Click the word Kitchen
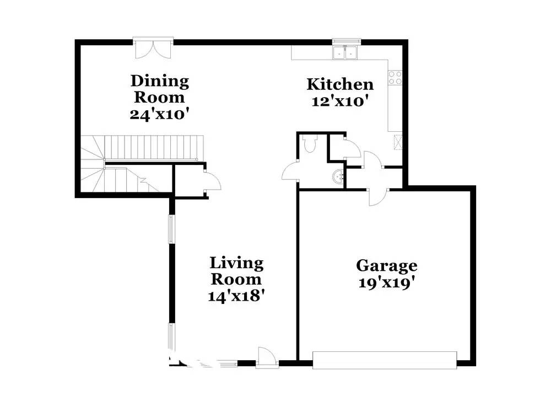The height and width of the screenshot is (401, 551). [x=340, y=84]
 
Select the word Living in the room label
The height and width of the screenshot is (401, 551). [x=236, y=263]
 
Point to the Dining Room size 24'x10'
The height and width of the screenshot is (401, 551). [x=160, y=114]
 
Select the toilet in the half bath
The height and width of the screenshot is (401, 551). [x=310, y=145]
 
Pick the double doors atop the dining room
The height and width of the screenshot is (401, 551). [x=154, y=48]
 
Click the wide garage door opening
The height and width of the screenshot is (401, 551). [x=384, y=360]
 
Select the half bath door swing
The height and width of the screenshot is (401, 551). [x=290, y=172]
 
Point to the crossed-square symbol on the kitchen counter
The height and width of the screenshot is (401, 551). [x=396, y=142]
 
